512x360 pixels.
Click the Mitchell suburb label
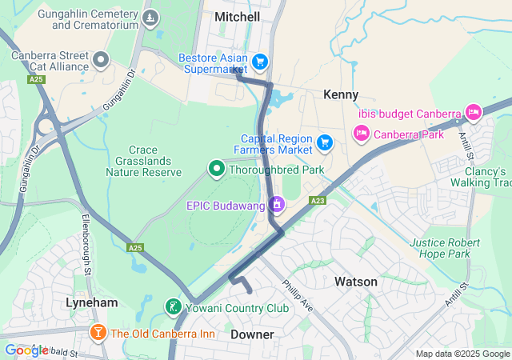[238, 17]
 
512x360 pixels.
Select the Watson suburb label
[356, 282]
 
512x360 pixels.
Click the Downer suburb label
[252, 334]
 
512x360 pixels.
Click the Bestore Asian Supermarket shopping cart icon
[259, 61]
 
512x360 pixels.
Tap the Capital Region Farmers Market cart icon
[324, 143]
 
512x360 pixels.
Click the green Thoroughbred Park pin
[215, 169]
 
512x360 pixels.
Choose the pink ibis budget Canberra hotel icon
[473, 112]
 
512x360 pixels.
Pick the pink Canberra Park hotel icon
[361, 133]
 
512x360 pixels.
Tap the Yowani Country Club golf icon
[172, 307]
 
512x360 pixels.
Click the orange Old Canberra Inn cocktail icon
[98, 333]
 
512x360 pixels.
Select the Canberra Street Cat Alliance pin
[101, 58]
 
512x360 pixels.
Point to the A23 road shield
[318, 201]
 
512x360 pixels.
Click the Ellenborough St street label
[87, 240]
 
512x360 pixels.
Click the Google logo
[26, 350]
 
